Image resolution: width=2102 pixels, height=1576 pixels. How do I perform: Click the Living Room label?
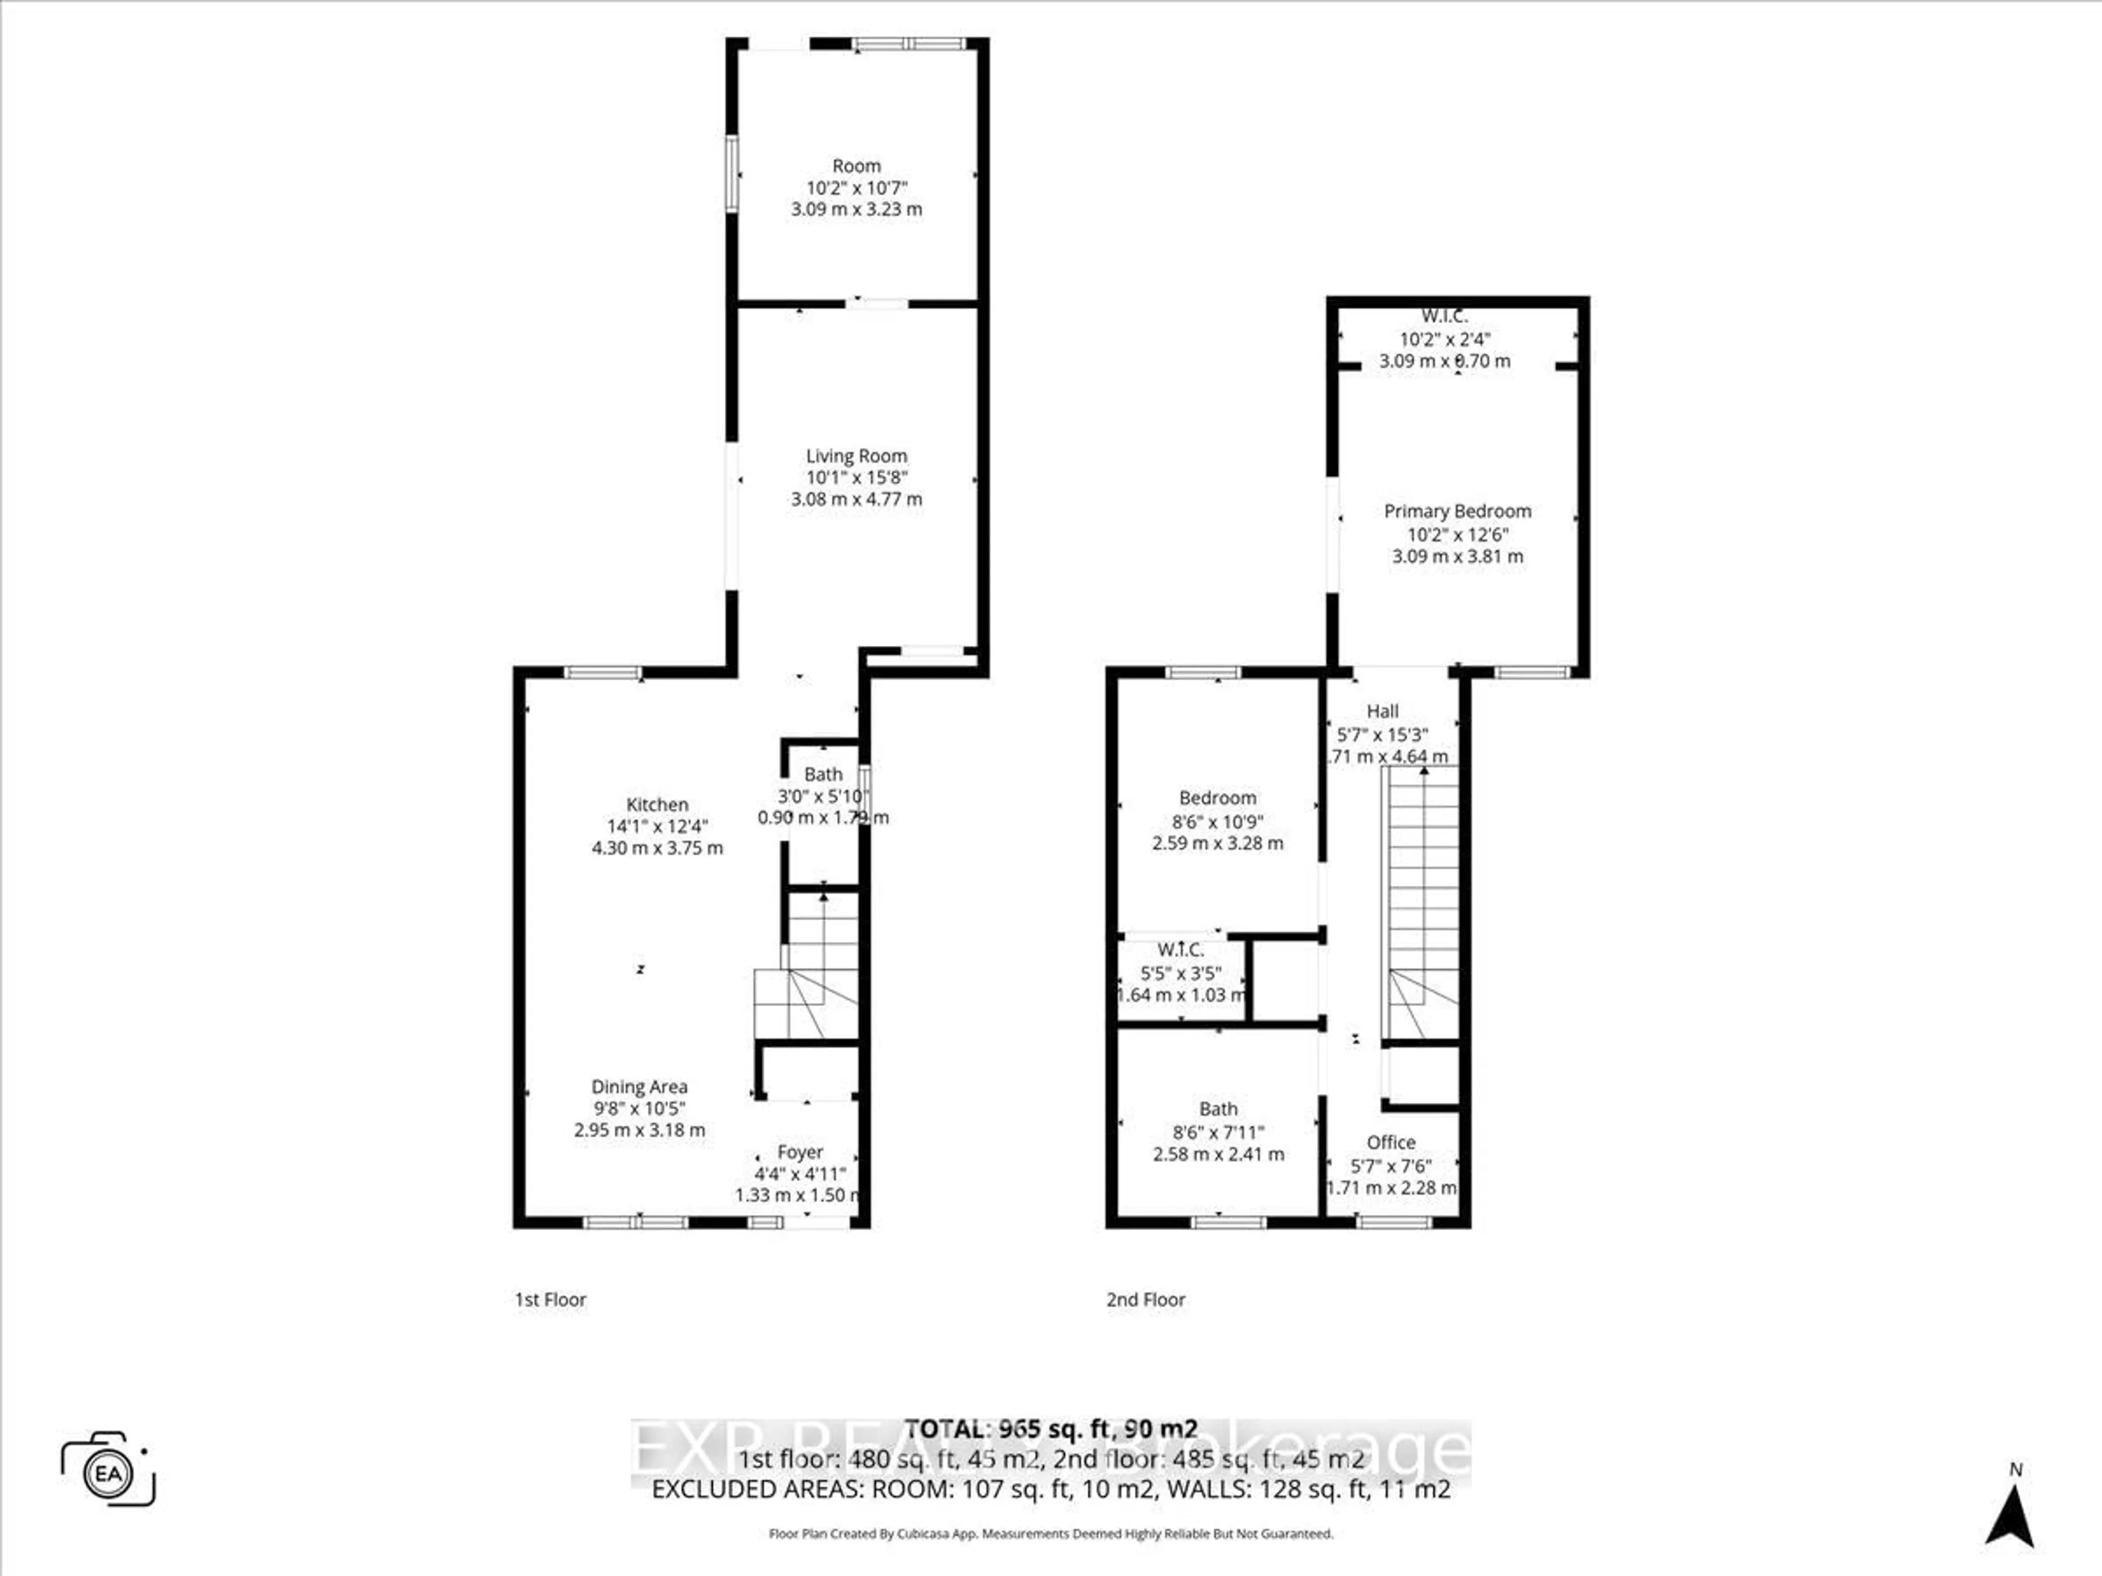(x=856, y=456)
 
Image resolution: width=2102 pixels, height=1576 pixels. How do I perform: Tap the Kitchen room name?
(x=657, y=804)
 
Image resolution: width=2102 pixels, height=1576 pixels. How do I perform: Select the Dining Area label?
(x=639, y=1087)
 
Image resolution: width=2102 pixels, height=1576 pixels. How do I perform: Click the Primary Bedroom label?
(x=1457, y=511)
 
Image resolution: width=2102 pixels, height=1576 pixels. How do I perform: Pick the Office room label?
(x=1390, y=1143)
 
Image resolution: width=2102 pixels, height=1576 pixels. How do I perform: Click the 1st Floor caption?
(x=550, y=1300)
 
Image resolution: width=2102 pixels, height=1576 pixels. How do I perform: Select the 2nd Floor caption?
(x=1145, y=1300)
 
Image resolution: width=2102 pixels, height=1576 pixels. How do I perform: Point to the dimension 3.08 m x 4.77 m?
(x=856, y=499)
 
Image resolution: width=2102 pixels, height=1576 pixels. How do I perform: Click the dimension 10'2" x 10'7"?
(x=856, y=188)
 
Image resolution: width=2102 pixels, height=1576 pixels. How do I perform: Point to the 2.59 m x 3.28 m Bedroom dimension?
(x=1217, y=843)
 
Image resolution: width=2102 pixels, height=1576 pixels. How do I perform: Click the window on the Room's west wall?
(x=732, y=174)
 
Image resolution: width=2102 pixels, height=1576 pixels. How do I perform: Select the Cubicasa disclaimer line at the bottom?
(x=1050, y=1533)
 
